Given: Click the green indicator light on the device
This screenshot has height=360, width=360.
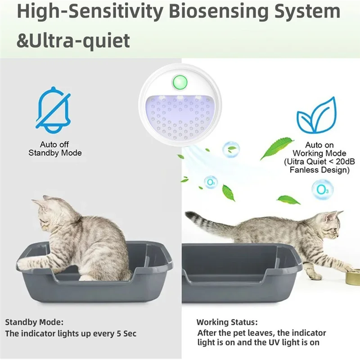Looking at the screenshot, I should (180, 82).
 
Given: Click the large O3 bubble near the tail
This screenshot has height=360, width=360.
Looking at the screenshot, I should (323, 189).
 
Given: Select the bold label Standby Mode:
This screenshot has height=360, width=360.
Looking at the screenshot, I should (34, 322).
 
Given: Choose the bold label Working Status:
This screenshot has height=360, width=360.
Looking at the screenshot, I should (227, 322).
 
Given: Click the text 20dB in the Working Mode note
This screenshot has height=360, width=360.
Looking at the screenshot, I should (343, 162).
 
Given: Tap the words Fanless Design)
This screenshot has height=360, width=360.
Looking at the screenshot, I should (319, 170).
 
